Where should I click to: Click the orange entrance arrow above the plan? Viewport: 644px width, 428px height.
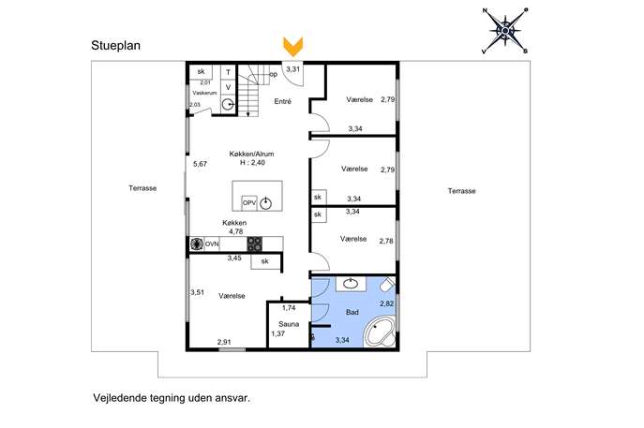click(292, 47)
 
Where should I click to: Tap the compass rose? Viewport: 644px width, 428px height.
click(505, 30)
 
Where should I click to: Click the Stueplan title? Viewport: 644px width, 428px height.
click(116, 45)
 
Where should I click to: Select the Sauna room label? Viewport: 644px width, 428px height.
click(289, 324)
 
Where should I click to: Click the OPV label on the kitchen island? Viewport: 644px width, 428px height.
click(249, 202)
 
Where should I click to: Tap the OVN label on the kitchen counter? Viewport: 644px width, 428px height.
click(212, 244)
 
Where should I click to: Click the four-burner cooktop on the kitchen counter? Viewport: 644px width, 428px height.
click(255, 244)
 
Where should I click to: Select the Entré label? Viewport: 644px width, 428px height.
click(282, 101)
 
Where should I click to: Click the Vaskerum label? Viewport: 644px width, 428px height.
click(204, 93)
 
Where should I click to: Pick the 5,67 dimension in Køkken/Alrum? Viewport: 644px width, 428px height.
click(200, 164)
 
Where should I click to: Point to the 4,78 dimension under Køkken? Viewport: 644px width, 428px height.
click(235, 231)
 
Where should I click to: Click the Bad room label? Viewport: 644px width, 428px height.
click(352, 312)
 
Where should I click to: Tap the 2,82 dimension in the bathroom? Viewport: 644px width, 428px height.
click(386, 303)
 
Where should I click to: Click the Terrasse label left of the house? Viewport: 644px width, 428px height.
click(142, 188)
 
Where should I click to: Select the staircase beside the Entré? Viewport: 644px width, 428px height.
click(249, 91)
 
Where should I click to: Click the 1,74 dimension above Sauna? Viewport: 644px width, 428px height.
click(289, 308)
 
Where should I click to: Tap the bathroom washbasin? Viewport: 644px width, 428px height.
click(351, 284)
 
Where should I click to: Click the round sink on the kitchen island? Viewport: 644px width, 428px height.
click(265, 203)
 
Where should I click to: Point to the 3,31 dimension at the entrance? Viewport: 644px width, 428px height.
click(292, 69)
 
